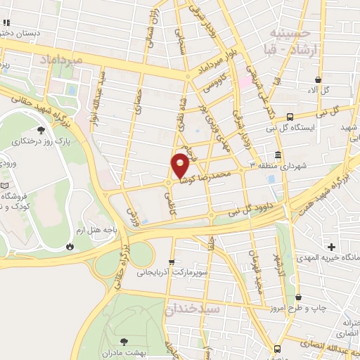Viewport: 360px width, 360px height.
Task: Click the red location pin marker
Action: [181, 165]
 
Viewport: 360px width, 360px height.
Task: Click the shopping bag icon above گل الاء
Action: [319, 79]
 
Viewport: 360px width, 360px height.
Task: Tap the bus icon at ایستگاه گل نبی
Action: [290, 117]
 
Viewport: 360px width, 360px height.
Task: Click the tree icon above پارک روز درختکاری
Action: [41, 130]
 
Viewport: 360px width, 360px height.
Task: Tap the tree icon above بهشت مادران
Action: [125, 340]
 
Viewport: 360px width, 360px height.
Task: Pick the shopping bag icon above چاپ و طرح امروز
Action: [300, 297]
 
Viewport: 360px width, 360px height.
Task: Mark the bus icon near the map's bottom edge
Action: [277, 349]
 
